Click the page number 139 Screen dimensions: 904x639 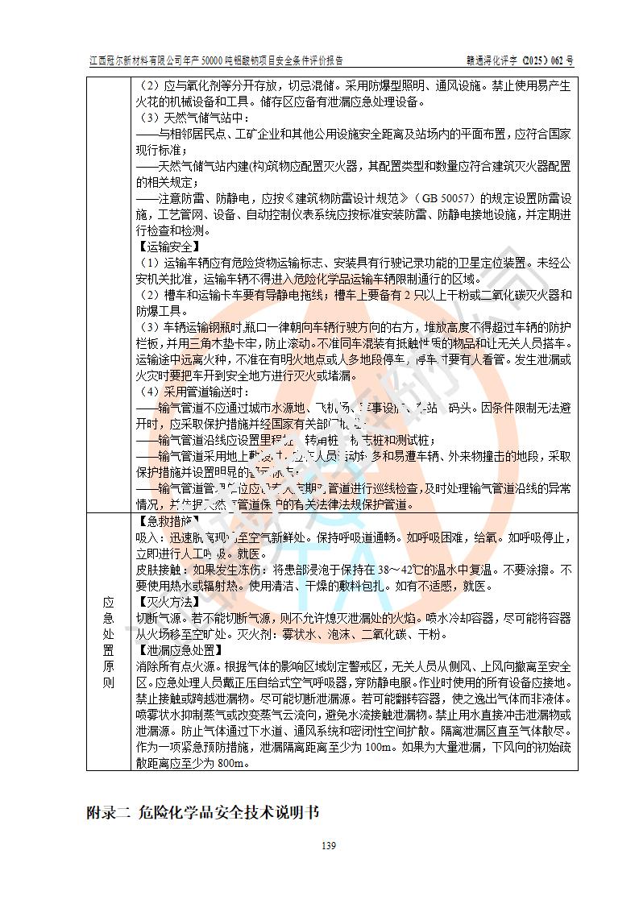pyautogui.click(x=327, y=845)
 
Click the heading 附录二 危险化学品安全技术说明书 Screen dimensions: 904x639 pyautogui.click(x=203, y=812)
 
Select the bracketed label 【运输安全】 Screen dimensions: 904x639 pyautogui.click(x=168, y=247)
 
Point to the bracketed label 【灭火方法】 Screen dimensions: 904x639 pyautogui.click(x=168, y=602)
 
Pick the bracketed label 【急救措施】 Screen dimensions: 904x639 pyautogui.click(x=168, y=520)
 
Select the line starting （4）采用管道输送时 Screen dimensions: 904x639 pyautogui.click(x=197, y=392)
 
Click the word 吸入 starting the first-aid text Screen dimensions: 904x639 pyautogui.click(x=147, y=537)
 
